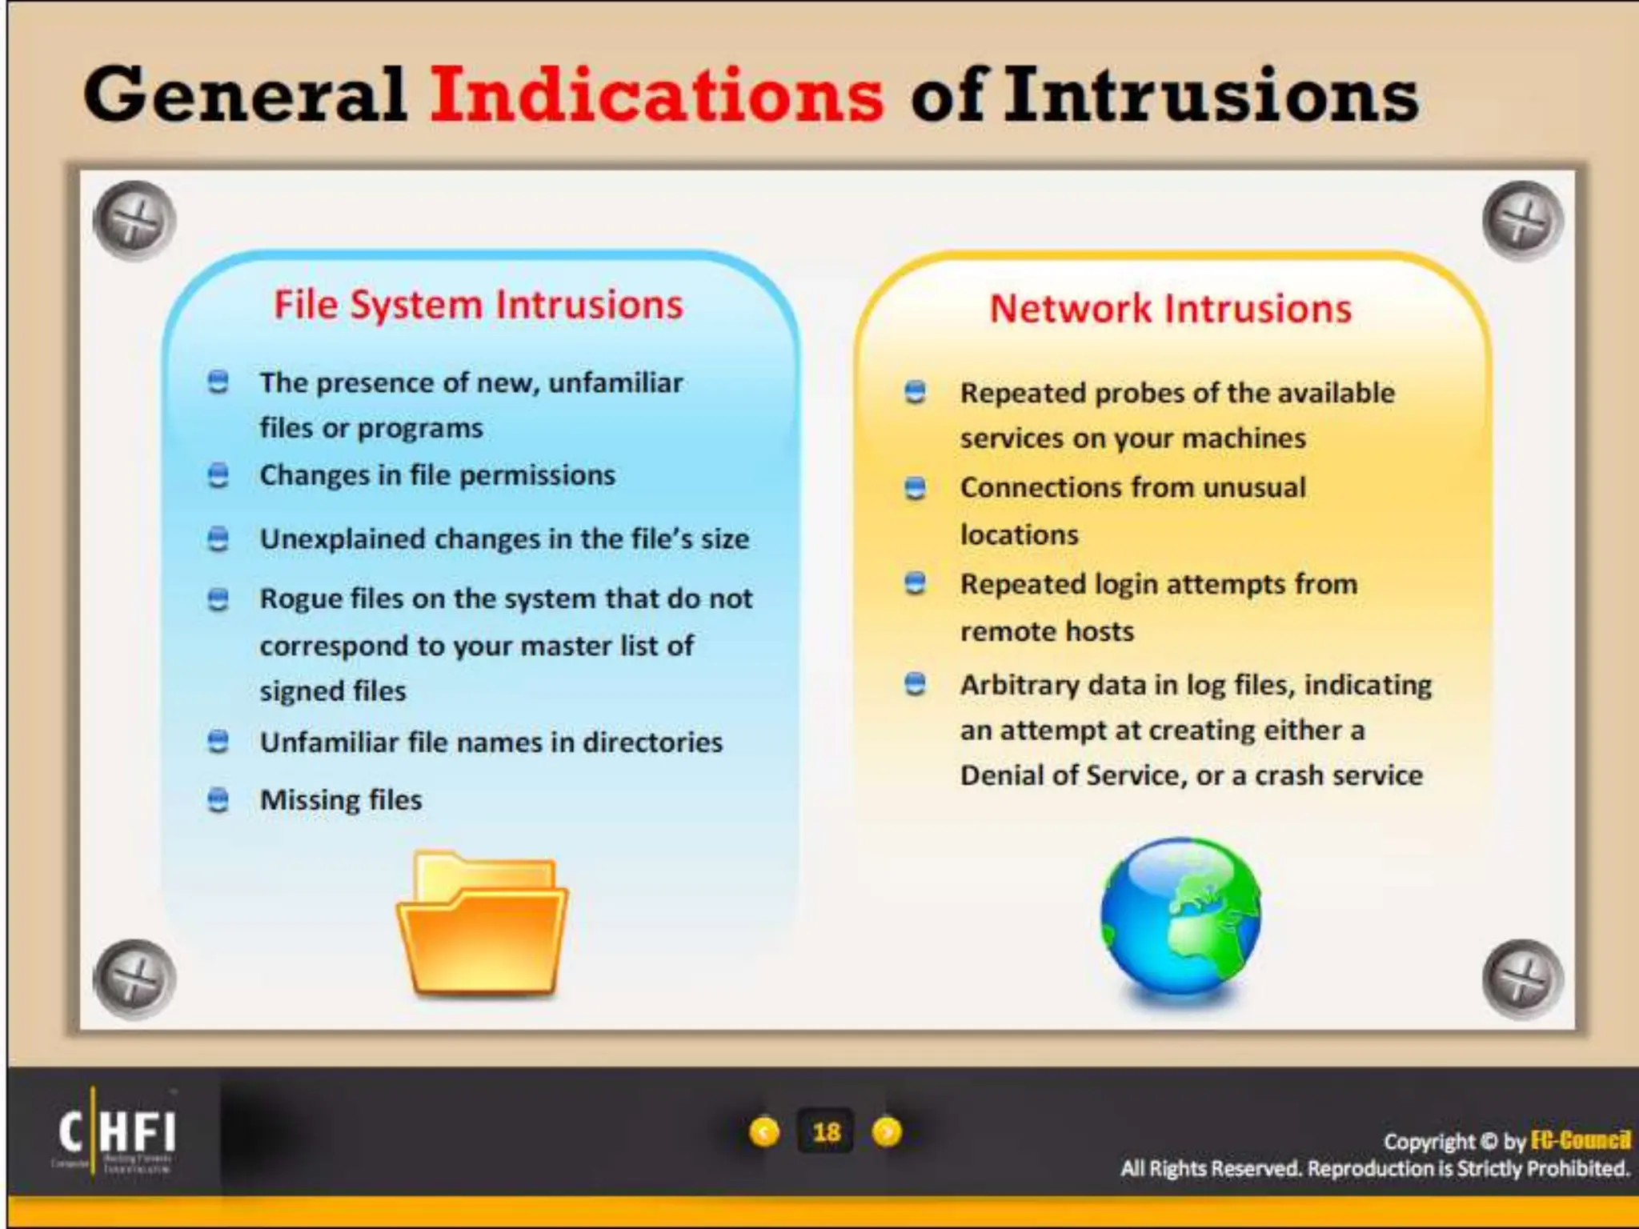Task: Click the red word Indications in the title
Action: tap(656, 96)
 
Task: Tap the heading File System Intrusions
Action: tap(479, 305)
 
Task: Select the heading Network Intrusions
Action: tap(1170, 309)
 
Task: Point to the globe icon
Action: tap(1180, 916)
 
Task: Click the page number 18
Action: tap(826, 1132)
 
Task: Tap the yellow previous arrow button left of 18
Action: tap(764, 1132)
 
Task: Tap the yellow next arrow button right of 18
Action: tap(887, 1132)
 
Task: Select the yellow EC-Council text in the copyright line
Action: tap(1580, 1140)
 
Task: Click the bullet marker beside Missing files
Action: tap(218, 799)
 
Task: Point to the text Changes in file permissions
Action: tap(437, 475)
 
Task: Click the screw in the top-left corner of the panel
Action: tap(134, 220)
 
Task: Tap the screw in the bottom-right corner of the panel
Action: tap(1522, 979)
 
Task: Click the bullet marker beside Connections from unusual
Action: tap(915, 487)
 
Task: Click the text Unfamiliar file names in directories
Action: tap(491, 743)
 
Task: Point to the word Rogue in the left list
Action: tap(300, 598)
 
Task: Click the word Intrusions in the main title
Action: tap(1211, 96)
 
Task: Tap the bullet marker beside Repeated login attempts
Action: tap(915, 583)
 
